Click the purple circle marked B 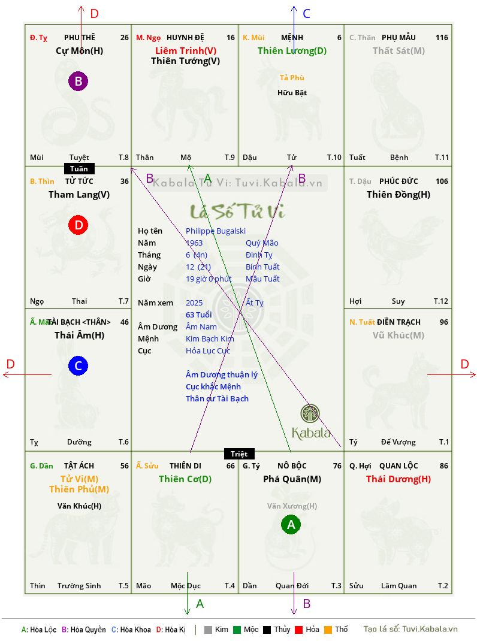point(78,81)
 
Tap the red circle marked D point(78,225)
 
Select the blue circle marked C point(78,366)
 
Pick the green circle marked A point(291,525)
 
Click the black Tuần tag point(79,169)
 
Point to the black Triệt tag point(239,453)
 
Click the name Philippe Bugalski point(216,231)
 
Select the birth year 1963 point(194,243)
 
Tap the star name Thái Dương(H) point(398,479)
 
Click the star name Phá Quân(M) point(292,479)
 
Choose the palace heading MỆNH point(292,38)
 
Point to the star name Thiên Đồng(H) point(398,195)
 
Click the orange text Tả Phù point(292,78)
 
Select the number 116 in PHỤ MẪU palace point(442,38)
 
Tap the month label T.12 point(441,301)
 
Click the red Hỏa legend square point(298,630)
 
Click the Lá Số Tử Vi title point(237,211)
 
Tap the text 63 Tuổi point(199,315)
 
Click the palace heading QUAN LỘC point(398,466)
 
